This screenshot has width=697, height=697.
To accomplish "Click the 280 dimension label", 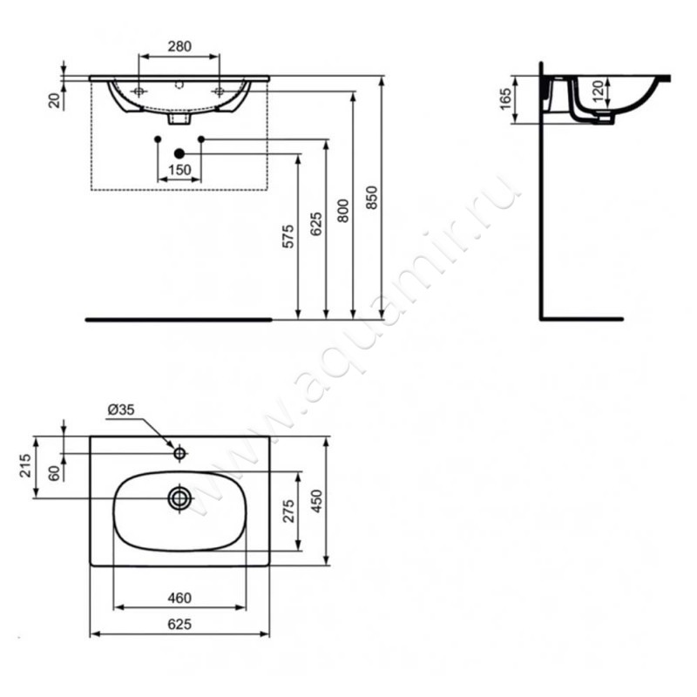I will (x=179, y=45).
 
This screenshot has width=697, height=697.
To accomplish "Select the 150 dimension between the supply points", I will (x=179, y=171).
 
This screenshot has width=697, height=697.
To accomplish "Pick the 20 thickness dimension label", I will (x=55, y=101).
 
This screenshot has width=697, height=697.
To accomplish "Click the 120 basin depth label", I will (x=599, y=91).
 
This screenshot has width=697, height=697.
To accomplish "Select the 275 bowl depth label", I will (x=289, y=510).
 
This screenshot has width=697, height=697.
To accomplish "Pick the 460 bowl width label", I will (x=179, y=599).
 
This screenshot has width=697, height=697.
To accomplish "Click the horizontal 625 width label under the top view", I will (x=179, y=624).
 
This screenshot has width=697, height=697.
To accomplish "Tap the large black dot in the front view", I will (x=179, y=154).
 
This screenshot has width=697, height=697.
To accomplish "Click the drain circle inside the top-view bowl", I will (x=179, y=497).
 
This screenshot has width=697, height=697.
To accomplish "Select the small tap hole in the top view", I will (x=179, y=453).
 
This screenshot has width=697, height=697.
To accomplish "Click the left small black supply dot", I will (x=158, y=139).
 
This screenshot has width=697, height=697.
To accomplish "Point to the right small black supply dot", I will (x=201, y=139).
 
